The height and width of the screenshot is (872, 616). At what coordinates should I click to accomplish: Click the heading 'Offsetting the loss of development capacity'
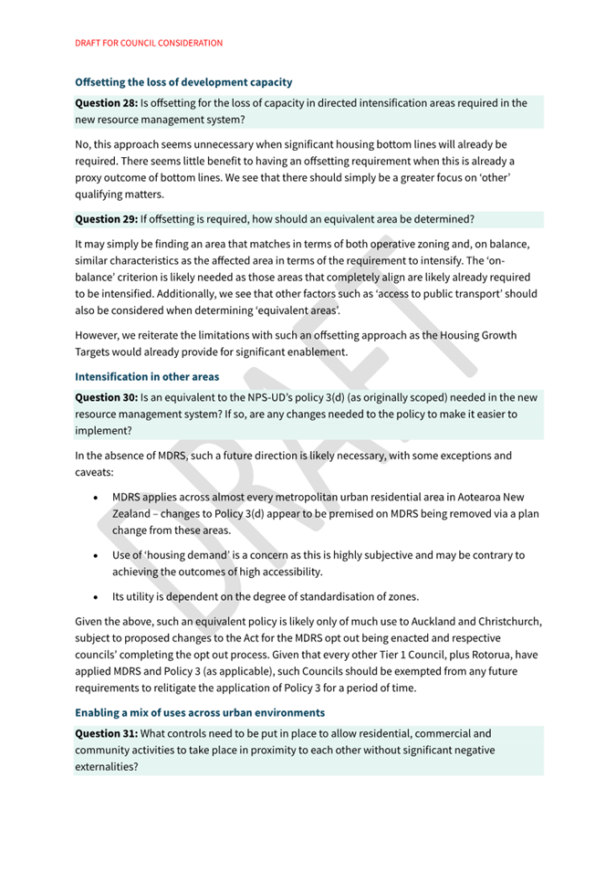[x=183, y=82]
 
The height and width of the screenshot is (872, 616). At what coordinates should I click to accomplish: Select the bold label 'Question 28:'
[x=106, y=103]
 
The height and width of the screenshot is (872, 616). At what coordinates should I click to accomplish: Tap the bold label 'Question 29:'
[x=106, y=219]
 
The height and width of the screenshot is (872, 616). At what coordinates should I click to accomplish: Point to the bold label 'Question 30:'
[x=106, y=397]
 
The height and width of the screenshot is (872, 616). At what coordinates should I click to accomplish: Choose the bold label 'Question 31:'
[x=106, y=733]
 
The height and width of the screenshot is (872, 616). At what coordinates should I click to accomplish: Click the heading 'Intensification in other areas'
[x=147, y=376]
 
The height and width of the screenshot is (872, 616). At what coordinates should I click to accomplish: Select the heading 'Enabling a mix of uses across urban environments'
[x=199, y=712]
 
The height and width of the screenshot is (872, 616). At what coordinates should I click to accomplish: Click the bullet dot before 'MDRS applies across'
[x=96, y=498]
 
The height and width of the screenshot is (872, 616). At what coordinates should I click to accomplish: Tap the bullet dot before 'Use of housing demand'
[x=96, y=555]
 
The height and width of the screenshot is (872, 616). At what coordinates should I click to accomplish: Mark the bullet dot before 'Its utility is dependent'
[x=96, y=597]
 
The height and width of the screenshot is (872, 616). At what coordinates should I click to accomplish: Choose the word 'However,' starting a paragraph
[x=99, y=335]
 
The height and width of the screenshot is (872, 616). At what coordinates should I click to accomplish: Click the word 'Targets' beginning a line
[x=96, y=352]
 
